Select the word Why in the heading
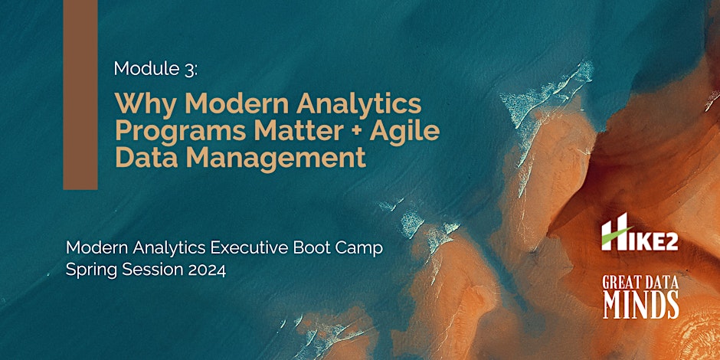(x=140, y=103)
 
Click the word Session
(x=152, y=271)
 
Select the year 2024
(x=205, y=271)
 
